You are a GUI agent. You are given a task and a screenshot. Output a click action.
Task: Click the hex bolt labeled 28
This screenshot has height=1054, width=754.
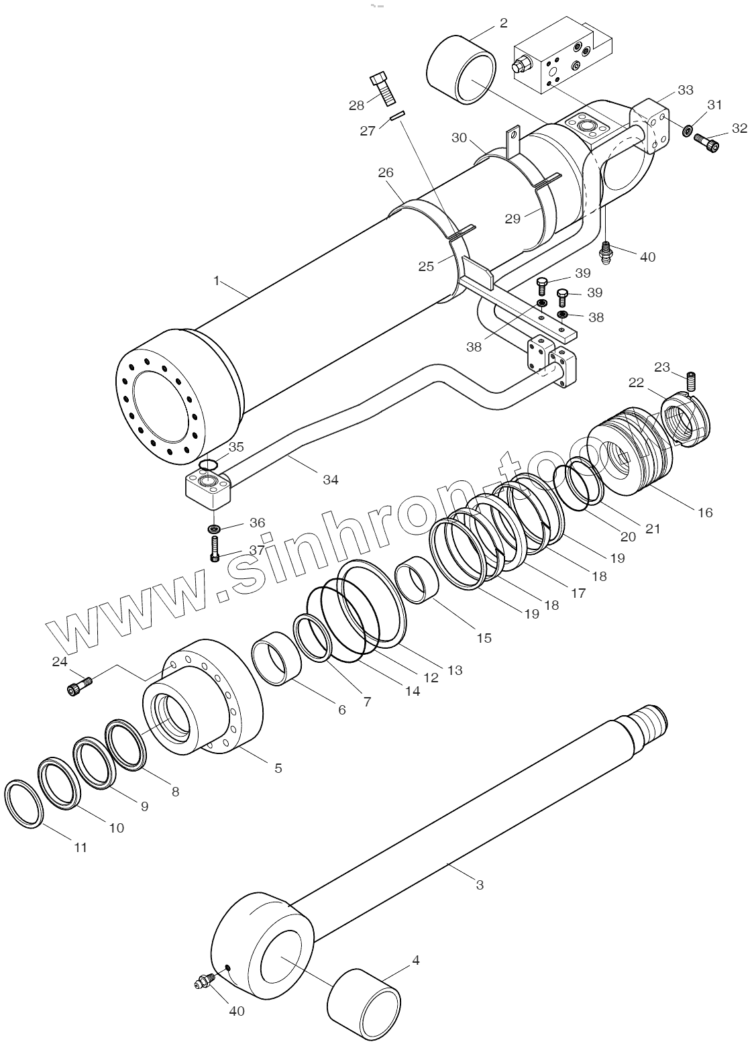click(383, 88)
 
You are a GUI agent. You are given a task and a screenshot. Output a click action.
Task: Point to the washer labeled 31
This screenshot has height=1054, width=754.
click(688, 129)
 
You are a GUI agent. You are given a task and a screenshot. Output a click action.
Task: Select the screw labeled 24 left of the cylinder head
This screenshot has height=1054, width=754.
click(78, 686)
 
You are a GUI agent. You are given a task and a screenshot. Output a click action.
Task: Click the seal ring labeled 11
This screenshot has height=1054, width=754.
click(24, 804)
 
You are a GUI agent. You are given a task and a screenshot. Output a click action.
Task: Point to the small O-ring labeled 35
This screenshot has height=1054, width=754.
click(209, 464)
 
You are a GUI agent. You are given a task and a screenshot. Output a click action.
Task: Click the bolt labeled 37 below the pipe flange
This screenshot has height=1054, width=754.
click(215, 549)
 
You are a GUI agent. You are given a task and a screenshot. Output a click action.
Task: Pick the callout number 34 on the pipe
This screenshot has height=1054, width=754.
click(331, 479)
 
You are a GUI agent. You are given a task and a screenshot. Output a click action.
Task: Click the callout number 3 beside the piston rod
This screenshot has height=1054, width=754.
click(480, 885)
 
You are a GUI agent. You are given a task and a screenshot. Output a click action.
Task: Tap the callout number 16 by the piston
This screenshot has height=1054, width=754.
click(704, 512)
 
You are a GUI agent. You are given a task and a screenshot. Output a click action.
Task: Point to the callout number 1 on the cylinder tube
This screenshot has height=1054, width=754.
click(217, 280)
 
